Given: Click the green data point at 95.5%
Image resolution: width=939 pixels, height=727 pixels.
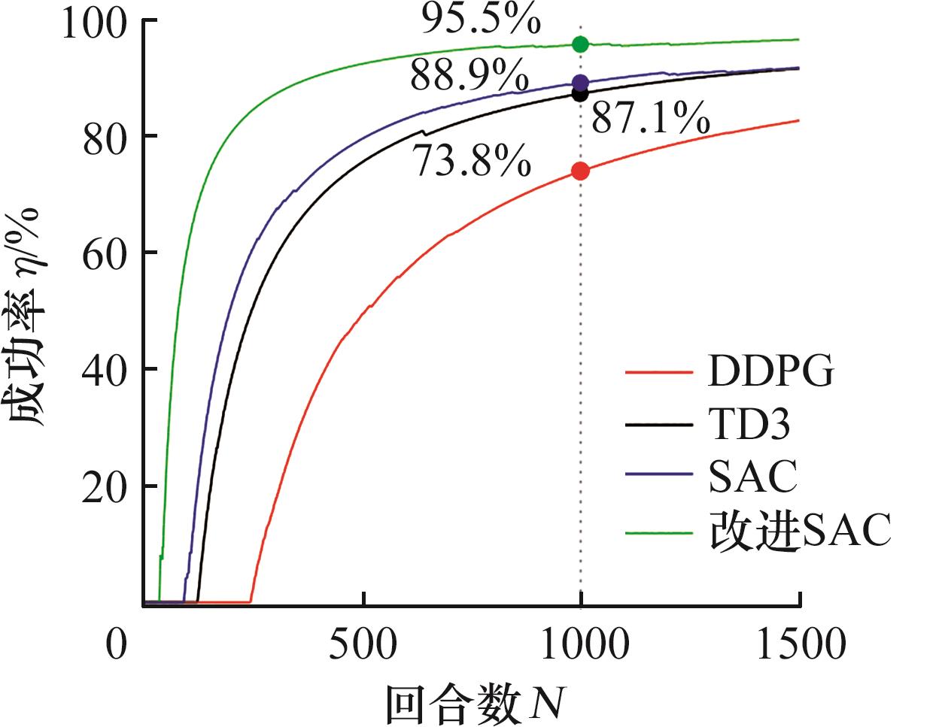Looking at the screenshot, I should pyautogui.click(x=580, y=44).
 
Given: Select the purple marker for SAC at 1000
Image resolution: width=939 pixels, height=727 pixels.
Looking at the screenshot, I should pyautogui.click(x=580, y=82).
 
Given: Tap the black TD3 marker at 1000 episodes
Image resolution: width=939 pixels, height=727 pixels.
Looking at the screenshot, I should pyautogui.click(x=580, y=94).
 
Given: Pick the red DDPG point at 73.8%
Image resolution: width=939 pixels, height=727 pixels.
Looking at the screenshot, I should pyautogui.click(x=580, y=171).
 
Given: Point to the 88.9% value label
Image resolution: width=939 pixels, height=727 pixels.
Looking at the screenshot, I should pyautogui.click(x=469, y=76).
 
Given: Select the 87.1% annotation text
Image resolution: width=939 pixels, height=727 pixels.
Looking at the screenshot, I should pyautogui.click(x=651, y=119).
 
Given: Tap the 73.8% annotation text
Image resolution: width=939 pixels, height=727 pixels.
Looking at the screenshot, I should pyautogui.click(x=473, y=162).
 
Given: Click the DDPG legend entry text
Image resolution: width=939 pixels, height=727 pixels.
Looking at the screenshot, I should pyautogui.click(x=771, y=371).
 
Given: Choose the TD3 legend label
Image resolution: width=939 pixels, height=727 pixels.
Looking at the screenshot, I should pyautogui.click(x=749, y=425).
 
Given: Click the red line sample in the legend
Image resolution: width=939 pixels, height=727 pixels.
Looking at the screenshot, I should pyautogui.click(x=658, y=372).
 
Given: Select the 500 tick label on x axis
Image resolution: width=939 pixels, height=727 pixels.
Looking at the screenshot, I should pyautogui.click(x=363, y=645).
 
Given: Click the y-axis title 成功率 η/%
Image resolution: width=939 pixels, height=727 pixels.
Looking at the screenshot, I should pyautogui.click(x=28, y=316).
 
